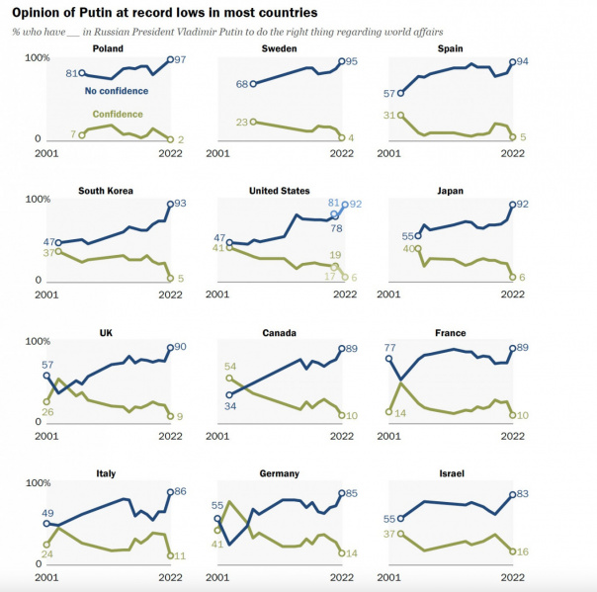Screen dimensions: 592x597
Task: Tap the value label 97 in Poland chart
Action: (181, 61)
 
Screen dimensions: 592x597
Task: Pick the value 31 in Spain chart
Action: (387, 116)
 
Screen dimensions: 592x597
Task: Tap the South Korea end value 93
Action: (181, 204)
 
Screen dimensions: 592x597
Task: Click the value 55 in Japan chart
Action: (407, 236)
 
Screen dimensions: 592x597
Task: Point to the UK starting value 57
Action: (47, 365)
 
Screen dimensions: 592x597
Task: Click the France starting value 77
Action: (388, 348)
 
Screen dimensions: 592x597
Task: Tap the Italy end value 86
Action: (181, 491)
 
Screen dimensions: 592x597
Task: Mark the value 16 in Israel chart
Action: (524, 551)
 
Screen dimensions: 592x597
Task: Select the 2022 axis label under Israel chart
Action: (513, 576)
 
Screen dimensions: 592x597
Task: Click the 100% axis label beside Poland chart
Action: (38, 58)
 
